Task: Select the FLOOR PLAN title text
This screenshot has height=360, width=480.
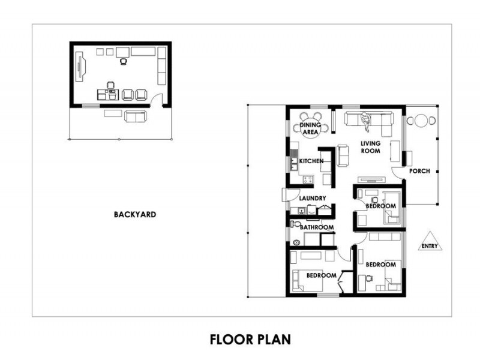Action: (250, 340)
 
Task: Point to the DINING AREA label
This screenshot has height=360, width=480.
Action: (311, 128)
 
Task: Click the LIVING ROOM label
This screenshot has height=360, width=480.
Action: (370, 147)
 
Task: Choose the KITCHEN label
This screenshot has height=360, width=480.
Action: (311, 161)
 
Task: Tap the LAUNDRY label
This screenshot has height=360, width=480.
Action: (313, 198)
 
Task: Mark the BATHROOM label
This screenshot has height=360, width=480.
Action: (316, 227)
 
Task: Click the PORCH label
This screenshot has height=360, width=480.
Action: (419, 171)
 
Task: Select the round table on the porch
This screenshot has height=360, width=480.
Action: (421, 121)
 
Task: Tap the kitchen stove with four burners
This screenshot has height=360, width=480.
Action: (310, 179)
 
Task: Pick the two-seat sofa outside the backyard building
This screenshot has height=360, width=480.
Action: (134, 116)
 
